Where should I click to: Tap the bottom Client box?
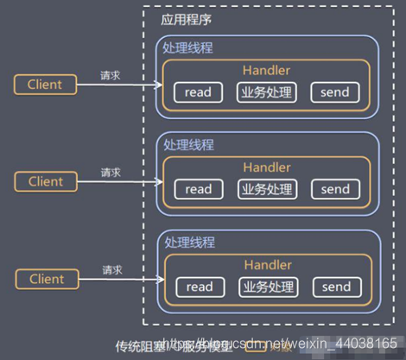(x=46, y=279)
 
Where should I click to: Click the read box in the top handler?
(x=198, y=92)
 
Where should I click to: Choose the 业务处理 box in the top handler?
(x=267, y=92)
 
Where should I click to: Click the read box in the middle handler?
(x=198, y=189)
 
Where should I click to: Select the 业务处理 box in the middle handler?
(x=267, y=189)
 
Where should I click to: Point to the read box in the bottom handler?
(x=198, y=287)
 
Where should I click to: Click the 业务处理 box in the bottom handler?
(x=267, y=287)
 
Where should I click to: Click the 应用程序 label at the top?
(x=187, y=19)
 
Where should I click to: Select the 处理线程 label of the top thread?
(x=187, y=47)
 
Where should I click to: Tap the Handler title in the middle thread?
(x=267, y=166)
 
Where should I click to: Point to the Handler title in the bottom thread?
(x=267, y=263)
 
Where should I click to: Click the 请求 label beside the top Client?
(x=111, y=75)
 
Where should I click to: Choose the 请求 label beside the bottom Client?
(x=111, y=270)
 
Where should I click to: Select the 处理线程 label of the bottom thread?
(x=187, y=243)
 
